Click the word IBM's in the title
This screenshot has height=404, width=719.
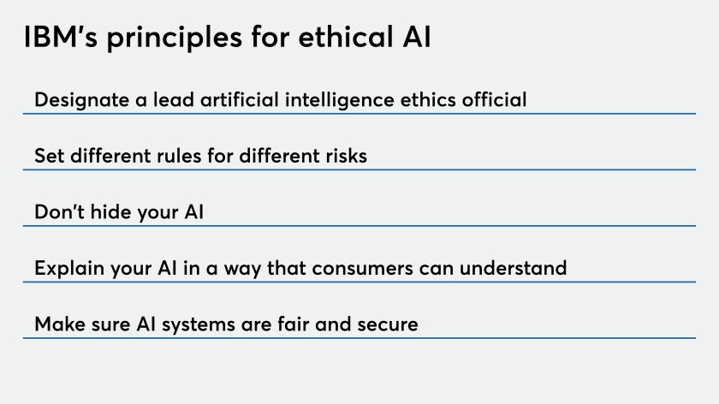(61, 37)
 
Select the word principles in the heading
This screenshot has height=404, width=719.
(175, 39)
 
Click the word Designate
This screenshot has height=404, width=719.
(81, 101)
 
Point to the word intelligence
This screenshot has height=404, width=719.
(339, 101)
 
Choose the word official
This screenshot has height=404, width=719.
(494, 99)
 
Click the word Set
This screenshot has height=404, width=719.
(49, 156)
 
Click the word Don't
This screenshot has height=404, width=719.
(60, 212)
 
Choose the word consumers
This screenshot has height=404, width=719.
(362, 269)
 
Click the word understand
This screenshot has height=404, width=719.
(513, 268)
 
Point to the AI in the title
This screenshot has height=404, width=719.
(417, 37)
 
